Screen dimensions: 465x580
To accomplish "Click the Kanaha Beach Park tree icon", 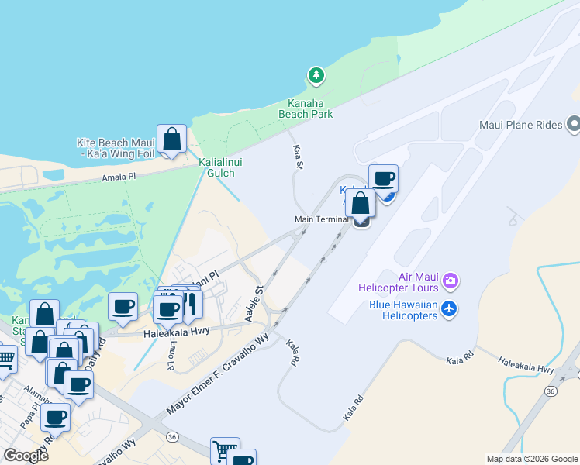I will (x=316, y=76).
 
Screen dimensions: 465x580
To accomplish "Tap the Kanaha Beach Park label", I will (x=306, y=108).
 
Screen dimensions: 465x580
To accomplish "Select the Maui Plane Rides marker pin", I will (x=574, y=124).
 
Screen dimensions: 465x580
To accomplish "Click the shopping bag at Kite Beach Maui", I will (x=171, y=140).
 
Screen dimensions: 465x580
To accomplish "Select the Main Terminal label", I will (x=321, y=219).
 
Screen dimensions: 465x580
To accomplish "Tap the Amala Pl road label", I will (x=119, y=177).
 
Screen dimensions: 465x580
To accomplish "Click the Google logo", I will (x=26, y=455).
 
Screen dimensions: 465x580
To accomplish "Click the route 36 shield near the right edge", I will (x=551, y=391).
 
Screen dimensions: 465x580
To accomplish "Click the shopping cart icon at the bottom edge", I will (x=224, y=450).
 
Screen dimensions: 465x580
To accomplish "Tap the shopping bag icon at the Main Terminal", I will (x=361, y=204).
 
